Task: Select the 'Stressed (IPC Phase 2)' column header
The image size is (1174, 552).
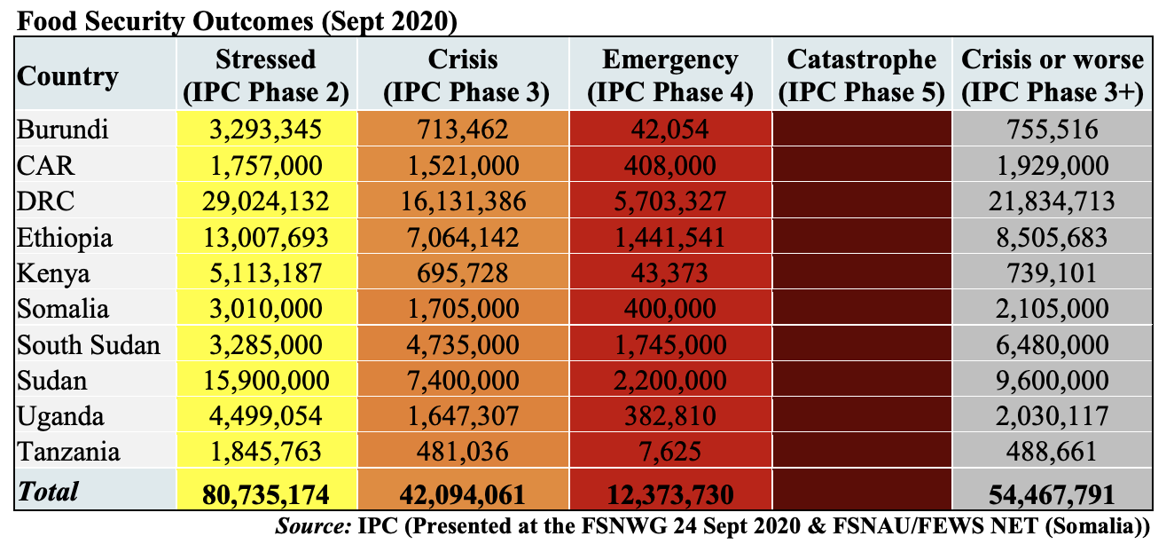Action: (x=266, y=75)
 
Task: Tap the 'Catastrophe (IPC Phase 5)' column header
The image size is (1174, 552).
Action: (x=861, y=75)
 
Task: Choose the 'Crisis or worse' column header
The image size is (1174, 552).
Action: (x=1053, y=75)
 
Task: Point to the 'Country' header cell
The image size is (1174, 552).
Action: (x=67, y=75)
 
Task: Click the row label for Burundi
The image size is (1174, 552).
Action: (x=63, y=130)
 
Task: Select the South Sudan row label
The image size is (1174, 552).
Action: (x=89, y=344)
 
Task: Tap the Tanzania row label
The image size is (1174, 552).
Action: (x=68, y=452)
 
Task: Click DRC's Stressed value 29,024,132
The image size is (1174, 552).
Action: (x=266, y=201)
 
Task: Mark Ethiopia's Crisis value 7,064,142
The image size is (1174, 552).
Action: (x=464, y=237)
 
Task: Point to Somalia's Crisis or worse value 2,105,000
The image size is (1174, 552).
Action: (x=1053, y=309)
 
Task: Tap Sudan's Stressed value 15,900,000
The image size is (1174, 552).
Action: (x=266, y=381)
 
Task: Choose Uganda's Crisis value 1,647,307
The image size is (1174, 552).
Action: (x=464, y=416)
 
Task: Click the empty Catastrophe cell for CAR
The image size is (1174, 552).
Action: (x=861, y=165)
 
